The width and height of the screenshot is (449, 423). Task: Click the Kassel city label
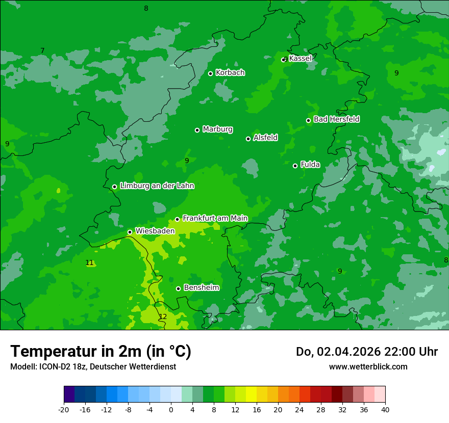tap(300, 59)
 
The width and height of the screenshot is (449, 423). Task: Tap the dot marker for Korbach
tap(210, 73)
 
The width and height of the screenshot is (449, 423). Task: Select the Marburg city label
tap(217, 129)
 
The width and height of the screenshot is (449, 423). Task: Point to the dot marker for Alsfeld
tap(248, 139)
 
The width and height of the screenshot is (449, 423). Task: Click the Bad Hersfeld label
tap(336, 119)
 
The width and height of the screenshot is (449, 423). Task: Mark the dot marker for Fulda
tap(295, 166)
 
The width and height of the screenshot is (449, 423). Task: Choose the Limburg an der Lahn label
tap(157, 186)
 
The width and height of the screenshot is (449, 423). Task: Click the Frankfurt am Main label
tap(215, 218)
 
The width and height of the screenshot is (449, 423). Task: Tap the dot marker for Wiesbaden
tap(130, 232)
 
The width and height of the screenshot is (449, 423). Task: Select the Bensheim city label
tap(201, 288)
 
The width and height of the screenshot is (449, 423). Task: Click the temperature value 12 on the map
tap(163, 316)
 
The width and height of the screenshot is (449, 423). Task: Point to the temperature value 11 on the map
tap(89, 263)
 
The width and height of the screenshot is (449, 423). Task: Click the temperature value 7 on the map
tap(42, 50)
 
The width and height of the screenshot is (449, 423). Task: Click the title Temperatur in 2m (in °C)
tap(101, 352)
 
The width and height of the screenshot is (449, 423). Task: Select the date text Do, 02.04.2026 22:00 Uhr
tap(366, 352)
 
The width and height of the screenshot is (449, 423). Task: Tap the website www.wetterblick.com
tap(368, 366)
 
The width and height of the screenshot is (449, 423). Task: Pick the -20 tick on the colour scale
tap(64, 409)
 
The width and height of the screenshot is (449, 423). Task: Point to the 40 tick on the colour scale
tap(385, 409)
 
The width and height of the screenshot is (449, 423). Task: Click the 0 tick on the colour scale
tap(171, 409)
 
